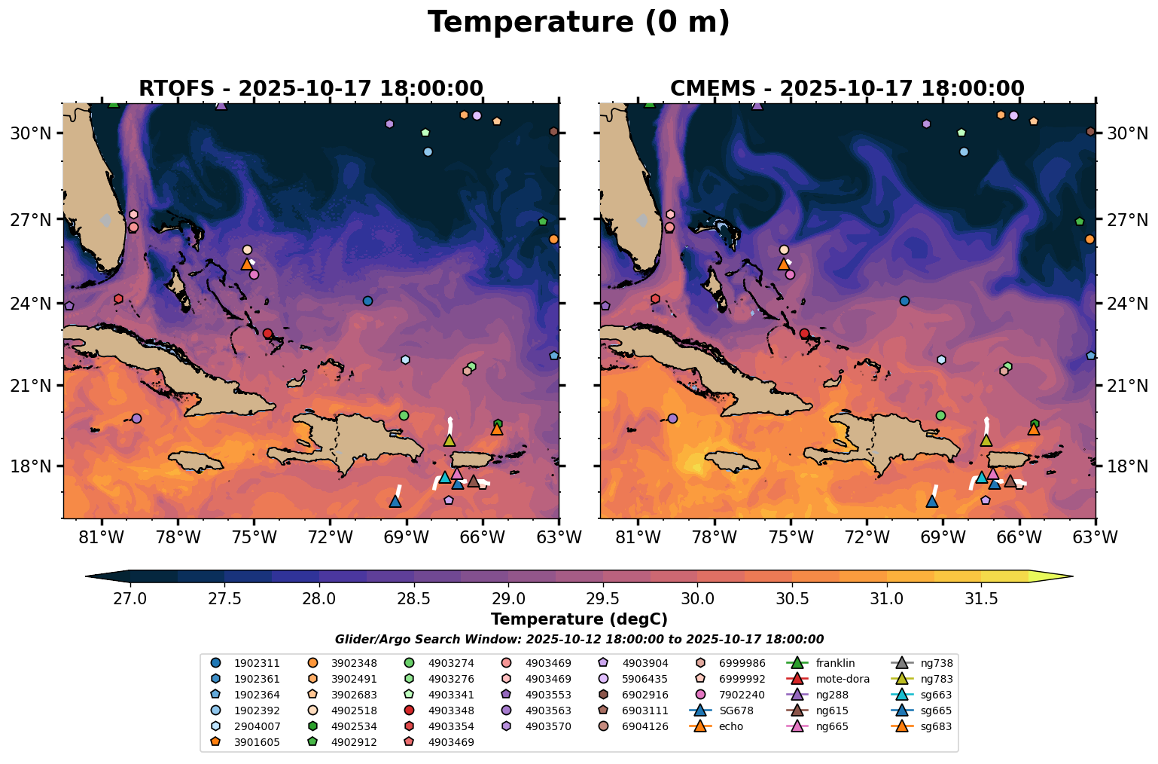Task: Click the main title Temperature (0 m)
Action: point(578,23)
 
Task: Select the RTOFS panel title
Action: point(310,88)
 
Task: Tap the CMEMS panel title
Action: point(847,88)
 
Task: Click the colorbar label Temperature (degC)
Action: point(578,619)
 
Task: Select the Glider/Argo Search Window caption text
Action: point(578,640)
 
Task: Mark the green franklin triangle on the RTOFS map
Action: point(114,102)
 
